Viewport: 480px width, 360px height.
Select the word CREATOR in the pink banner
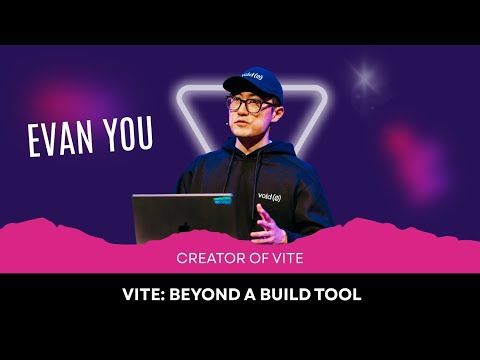(x=209, y=257)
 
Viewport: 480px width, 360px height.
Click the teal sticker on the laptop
(x=225, y=203)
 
